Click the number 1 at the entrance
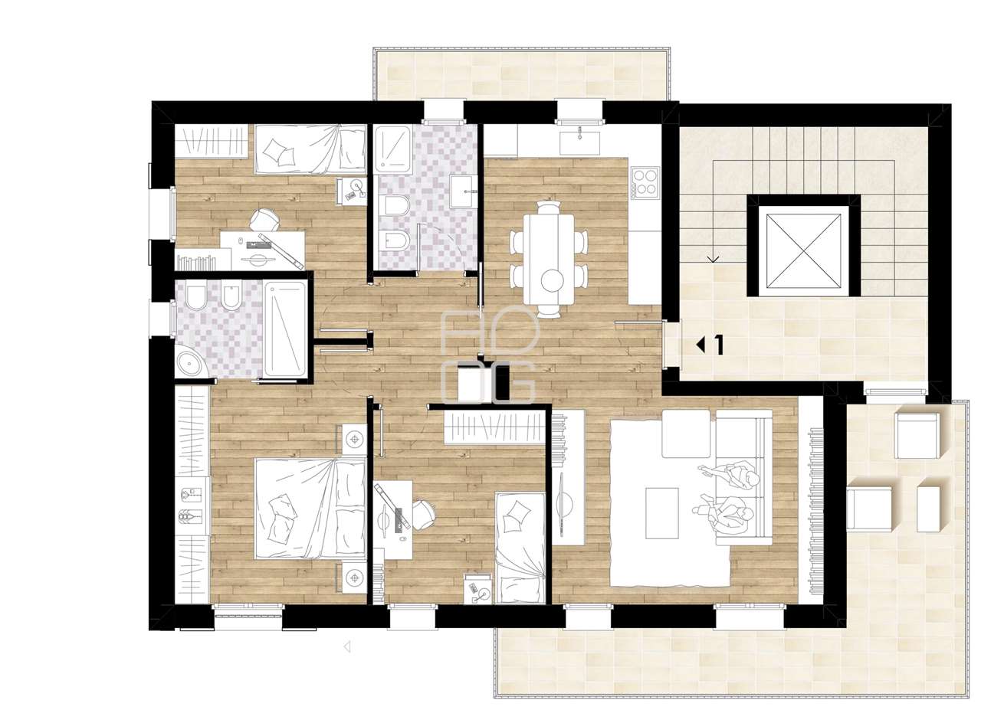719,345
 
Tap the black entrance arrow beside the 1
700,345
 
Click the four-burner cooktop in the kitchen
645,182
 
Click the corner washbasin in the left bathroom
192,360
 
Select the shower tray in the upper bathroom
393,149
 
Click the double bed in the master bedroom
310,509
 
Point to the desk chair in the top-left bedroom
264,219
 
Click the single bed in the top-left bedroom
310,149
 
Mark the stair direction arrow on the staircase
713,260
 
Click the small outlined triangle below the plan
347,646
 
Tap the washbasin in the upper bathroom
461,191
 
